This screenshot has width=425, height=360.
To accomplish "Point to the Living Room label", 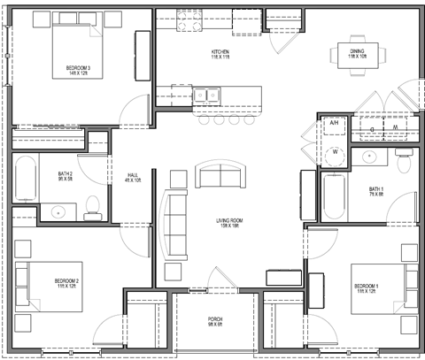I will pos(231,223).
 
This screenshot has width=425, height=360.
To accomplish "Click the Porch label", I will pos(215,320).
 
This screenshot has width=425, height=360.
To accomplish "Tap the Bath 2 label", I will pos(65,177).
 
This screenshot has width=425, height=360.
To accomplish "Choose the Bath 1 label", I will pos(376,191).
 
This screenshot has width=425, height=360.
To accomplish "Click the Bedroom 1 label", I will pos(366,288).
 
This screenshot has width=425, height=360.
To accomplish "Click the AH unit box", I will pos(335,123).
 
